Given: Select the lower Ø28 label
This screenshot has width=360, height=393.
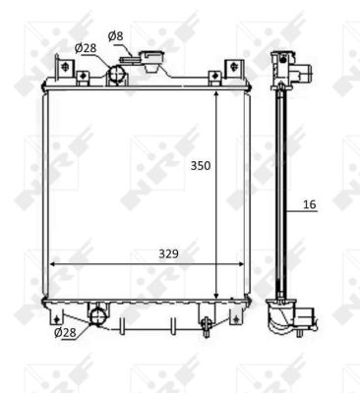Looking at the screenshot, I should point(65,333).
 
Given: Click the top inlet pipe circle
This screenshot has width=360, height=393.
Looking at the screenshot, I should point(116,73).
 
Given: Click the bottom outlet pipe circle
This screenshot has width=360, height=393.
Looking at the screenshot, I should point(98,316).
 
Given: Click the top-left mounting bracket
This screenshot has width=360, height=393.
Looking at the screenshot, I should point(65,69).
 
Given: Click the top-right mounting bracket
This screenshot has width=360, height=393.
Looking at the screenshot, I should point(233,69).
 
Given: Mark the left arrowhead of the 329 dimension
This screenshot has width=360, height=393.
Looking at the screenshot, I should point(51,263).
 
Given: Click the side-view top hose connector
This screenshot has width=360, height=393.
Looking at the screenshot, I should point(308,73).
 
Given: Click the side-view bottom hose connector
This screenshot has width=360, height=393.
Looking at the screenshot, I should point(308,318).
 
